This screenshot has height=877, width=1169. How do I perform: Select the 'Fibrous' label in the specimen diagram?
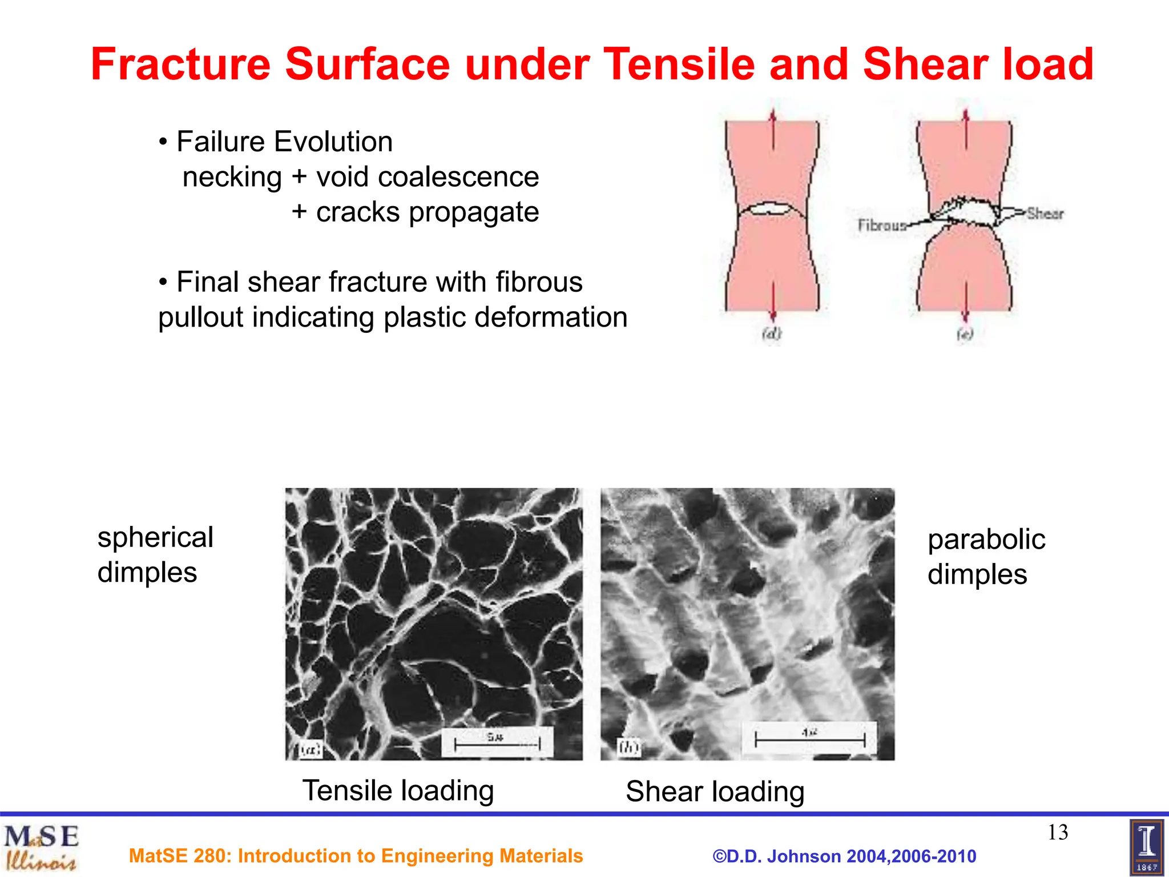tap(882, 226)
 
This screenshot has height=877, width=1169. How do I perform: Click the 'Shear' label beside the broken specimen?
tap(1045, 214)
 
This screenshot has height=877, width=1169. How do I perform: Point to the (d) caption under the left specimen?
tap(772, 333)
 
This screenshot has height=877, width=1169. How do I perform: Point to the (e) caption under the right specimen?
tap(965, 334)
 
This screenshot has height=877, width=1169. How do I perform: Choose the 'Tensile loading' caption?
tap(398, 791)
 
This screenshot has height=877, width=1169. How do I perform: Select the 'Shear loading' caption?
tap(715, 792)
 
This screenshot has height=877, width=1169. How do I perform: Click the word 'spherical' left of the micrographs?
tap(155, 537)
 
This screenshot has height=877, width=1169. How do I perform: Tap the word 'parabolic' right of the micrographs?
tap(986, 540)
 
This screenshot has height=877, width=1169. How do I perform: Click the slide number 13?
tap(1058, 832)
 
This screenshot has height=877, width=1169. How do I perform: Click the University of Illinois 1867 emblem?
tap(1146, 847)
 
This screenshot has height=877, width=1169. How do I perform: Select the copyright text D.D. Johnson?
tap(844, 856)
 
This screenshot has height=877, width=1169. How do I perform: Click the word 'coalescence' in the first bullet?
tap(458, 177)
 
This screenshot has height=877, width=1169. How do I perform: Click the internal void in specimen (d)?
tap(771, 210)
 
